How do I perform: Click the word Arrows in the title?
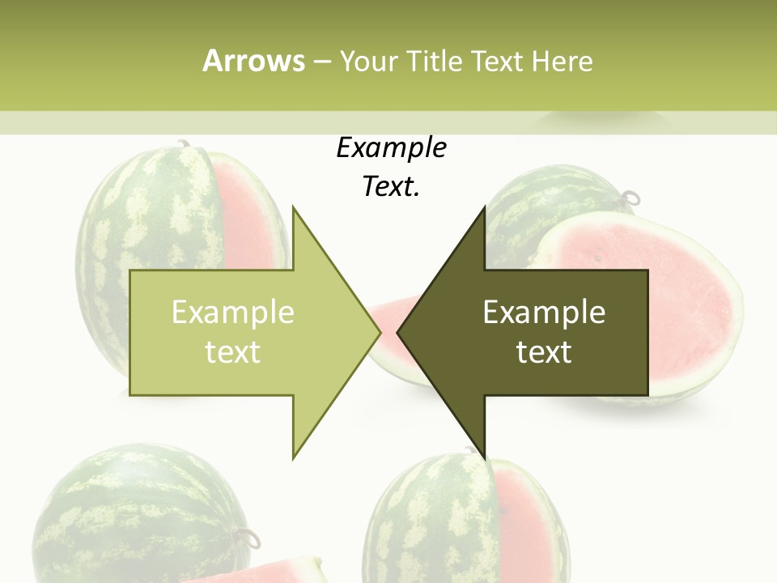(253, 61)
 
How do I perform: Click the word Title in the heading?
(435, 61)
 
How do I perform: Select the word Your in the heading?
(369, 61)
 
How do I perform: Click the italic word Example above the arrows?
(391, 148)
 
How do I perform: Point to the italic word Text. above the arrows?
(391, 187)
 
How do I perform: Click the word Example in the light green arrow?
(233, 313)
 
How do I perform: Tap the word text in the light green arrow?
(233, 352)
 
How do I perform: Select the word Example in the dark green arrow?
(544, 313)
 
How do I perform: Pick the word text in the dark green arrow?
(544, 352)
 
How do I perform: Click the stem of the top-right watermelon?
(630, 197)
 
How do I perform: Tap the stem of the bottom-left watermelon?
(245, 535)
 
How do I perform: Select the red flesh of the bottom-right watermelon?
(522, 518)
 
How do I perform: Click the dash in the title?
(321, 61)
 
